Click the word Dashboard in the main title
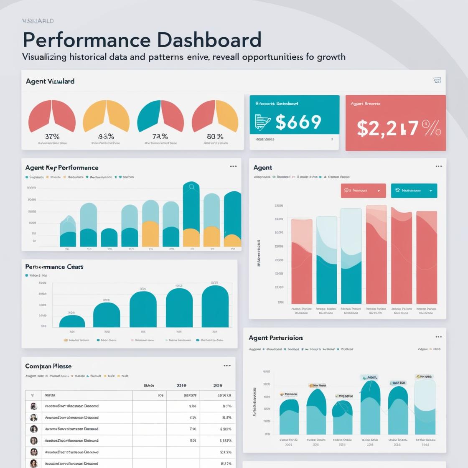(x=209, y=40)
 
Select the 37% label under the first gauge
(x=52, y=136)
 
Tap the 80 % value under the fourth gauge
(x=215, y=136)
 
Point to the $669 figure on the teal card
(x=298, y=122)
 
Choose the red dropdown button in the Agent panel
(x=363, y=191)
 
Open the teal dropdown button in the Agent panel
(x=414, y=191)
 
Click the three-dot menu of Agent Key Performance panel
(x=233, y=166)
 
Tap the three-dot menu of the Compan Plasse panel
(x=227, y=366)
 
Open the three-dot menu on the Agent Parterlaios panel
(x=438, y=337)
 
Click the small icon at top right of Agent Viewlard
(x=437, y=80)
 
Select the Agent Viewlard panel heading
(x=50, y=81)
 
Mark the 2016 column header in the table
(x=182, y=386)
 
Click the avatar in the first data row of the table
(x=34, y=406)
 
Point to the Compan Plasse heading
(x=48, y=366)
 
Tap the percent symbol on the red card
(x=432, y=128)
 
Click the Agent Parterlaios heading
(x=276, y=338)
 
